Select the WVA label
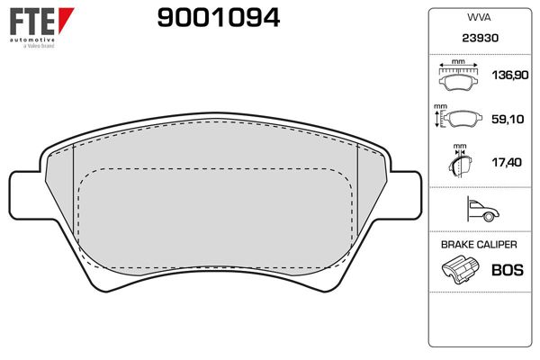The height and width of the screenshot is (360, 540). pos(477,17)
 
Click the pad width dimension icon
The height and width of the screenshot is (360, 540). pos(460,77)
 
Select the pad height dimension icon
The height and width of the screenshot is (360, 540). pos(461,119)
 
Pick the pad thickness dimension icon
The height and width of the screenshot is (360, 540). pos(461,161)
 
